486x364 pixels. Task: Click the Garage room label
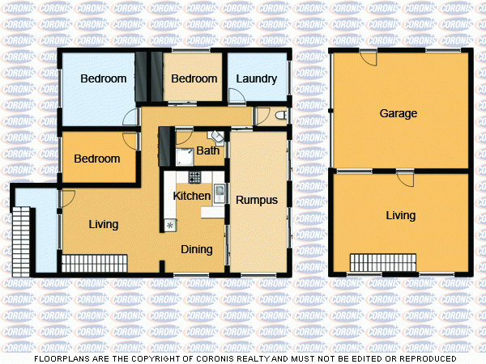pyautogui.click(x=399, y=114)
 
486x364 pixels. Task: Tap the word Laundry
pyautogui.click(x=256, y=79)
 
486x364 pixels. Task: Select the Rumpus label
pyautogui.click(x=257, y=200)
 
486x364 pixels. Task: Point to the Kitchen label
pyautogui.click(x=192, y=196)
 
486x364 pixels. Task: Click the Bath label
pyautogui.click(x=208, y=150)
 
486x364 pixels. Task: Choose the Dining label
pyautogui.click(x=197, y=249)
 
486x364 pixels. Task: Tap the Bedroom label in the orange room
pyautogui.click(x=96, y=159)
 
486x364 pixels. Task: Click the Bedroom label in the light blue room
pyautogui.click(x=104, y=79)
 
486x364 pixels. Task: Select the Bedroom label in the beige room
pyautogui.click(x=194, y=79)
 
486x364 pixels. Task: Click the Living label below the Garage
pyautogui.click(x=400, y=216)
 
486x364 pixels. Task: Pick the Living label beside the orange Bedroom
pyautogui.click(x=103, y=225)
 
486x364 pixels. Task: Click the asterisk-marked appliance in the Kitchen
pyautogui.click(x=171, y=224)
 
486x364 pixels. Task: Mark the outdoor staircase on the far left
pyautogui.click(x=22, y=239)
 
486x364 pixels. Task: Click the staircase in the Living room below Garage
pyautogui.click(x=383, y=263)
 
